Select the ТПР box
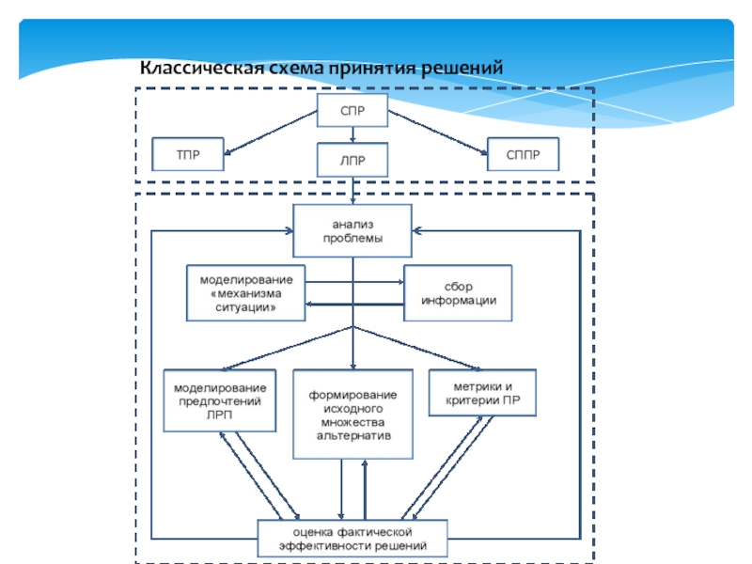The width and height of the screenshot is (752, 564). [189, 154]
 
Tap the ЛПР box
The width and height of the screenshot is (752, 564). [352, 160]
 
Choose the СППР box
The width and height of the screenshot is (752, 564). [523, 154]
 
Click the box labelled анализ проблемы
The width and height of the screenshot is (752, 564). [352, 231]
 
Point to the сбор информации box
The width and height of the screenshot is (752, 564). [458, 293]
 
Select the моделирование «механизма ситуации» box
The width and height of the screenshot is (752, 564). [245, 294]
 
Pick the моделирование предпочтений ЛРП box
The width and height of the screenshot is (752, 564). [220, 401]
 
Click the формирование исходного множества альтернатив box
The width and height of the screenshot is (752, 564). [352, 415]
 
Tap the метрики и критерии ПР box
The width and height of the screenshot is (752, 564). [481, 394]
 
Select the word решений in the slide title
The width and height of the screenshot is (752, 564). [464, 69]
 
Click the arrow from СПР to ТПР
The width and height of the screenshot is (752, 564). [273, 132]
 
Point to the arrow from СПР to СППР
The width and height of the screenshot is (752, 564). [437, 132]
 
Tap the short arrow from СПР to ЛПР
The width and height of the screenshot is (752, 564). [352, 137]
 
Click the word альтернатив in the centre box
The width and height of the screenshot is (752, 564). [352, 435]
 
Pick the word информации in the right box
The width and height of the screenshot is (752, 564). [458, 301]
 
